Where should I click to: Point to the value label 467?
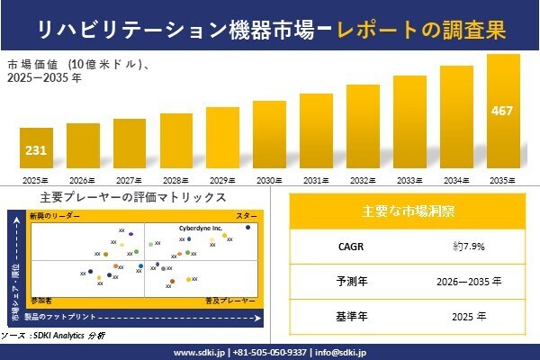point(503,112)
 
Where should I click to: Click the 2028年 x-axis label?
point(175,180)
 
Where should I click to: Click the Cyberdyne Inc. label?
point(202,229)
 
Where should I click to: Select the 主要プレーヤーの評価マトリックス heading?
point(133,197)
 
